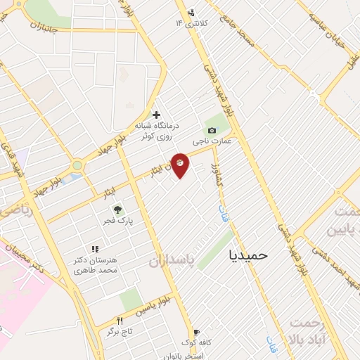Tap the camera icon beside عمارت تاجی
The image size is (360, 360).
[x=212, y=130]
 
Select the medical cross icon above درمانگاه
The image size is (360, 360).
[x=156, y=114]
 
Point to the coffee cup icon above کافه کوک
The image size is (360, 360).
[x=196, y=332]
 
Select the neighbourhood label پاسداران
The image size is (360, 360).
[x=170, y=262]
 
